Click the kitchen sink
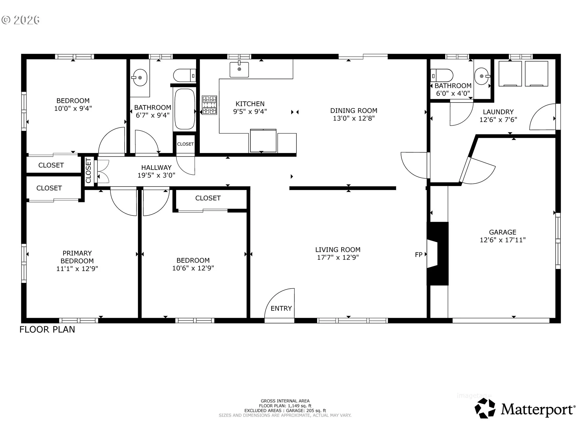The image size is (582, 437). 239,69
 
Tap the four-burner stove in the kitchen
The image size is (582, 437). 209,105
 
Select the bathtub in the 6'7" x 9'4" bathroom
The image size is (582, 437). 184,109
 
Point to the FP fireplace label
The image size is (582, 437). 419,255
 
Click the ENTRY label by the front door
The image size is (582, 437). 281,308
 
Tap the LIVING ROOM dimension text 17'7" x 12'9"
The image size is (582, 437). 338,257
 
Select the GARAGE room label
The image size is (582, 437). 503,232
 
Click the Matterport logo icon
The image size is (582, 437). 485,408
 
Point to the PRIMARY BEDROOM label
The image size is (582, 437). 77,257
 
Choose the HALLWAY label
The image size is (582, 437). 156,168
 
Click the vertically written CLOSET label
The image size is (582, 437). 89,171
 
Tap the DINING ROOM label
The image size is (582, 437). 354,111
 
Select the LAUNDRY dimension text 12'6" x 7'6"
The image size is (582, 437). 498,120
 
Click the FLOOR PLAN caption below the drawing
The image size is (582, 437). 47,330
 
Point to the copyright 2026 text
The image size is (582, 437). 21,20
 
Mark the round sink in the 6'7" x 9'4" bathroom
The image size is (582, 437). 140,78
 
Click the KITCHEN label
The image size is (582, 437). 250,104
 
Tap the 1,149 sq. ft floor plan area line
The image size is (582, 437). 285,406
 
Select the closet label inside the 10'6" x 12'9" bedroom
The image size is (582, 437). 208,198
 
